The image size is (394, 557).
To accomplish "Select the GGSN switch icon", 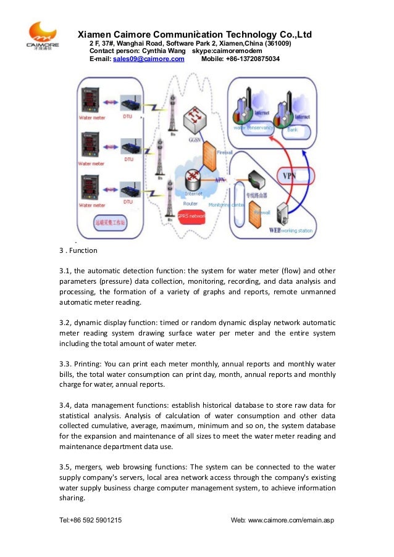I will click(x=198, y=117).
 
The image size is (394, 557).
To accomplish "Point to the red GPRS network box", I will click(x=191, y=217).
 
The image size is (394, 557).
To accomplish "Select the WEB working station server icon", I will click(x=283, y=215).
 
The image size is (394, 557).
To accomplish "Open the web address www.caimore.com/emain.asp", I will click(x=291, y=520).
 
